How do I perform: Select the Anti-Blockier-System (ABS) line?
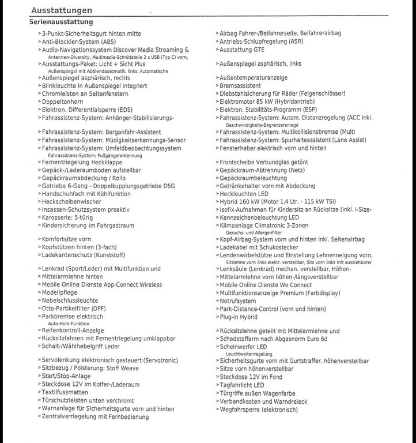[x=79, y=42]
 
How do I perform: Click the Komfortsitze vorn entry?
[x=67, y=239]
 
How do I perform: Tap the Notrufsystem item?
[x=238, y=301]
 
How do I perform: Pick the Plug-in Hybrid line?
[x=239, y=317]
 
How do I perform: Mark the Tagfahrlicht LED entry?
[x=242, y=385]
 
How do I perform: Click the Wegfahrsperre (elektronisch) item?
[x=259, y=410]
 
